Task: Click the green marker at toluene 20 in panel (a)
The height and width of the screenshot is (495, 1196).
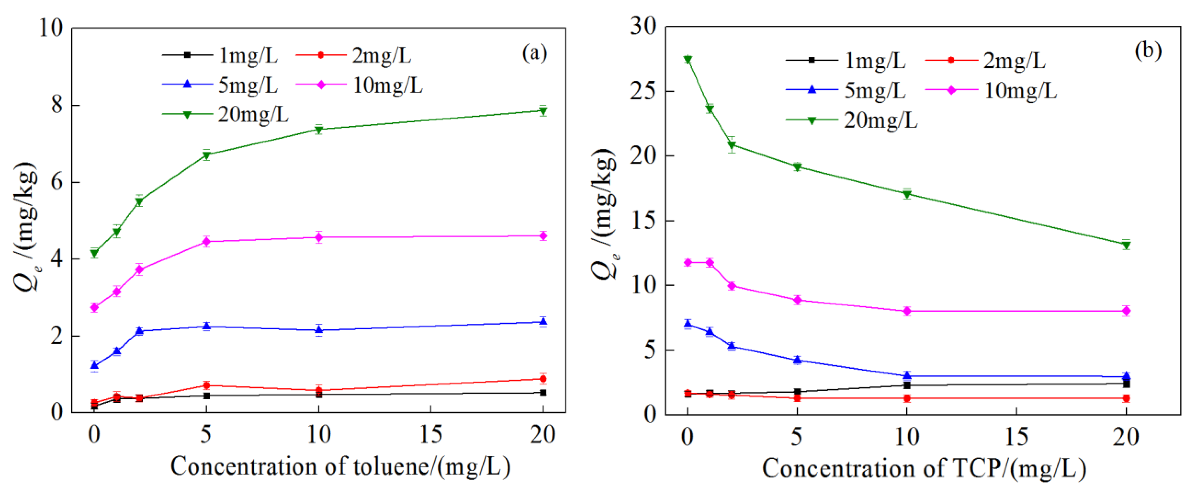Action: pos(543,111)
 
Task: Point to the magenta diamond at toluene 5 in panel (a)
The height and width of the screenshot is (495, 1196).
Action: pos(207,241)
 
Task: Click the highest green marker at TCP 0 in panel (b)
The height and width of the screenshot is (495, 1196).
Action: pos(688,59)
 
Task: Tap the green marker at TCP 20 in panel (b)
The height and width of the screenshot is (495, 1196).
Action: pos(1126,245)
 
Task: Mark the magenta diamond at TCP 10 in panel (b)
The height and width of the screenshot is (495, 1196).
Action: pos(907,311)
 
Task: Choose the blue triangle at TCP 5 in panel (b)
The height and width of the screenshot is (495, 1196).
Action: pos(797,360)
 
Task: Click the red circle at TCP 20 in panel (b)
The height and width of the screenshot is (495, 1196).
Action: pos(1126,399)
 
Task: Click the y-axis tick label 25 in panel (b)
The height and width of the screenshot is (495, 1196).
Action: pos(643,91)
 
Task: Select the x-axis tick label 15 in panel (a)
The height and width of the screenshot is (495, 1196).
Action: pos(431,435)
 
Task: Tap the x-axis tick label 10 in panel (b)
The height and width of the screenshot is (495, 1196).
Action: pos(906,437)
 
